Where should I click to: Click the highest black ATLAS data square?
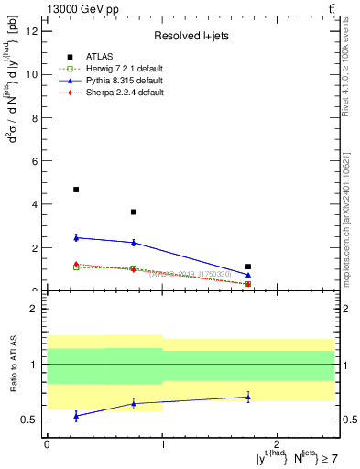coord(76,190)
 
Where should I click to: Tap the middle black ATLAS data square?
coord(134,212)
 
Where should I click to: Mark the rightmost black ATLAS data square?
coord(248,267)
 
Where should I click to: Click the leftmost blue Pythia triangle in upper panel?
coord(76,237)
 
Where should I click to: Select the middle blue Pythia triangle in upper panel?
coord(134,242)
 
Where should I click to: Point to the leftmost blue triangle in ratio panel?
coord(76,415)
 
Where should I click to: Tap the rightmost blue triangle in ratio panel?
coord(248,397)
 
